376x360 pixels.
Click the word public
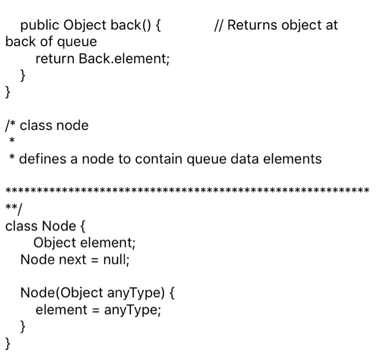click(40, 25)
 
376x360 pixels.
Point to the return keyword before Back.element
click(55, 59)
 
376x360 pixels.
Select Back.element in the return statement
click(124, 59)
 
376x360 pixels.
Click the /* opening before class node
click(10, 126)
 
